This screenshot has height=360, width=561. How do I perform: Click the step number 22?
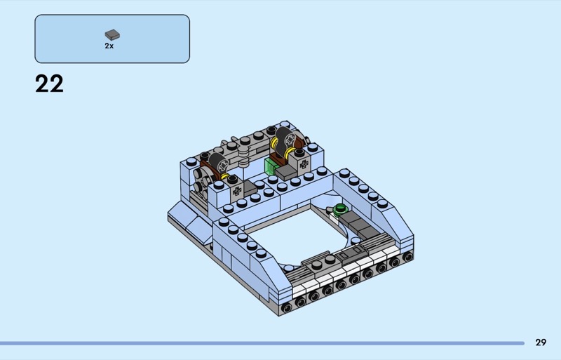[49, 84]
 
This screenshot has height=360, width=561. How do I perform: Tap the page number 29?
[541, 342]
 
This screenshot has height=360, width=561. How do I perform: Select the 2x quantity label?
[109, 46]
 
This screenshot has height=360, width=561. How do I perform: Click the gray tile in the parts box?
[112, 34]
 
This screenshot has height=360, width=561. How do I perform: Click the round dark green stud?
[340, 208]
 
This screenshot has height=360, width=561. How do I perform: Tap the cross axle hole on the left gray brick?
[236, 192]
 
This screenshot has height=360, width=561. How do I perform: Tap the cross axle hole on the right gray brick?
[304, 164]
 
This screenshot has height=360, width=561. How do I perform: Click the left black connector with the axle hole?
[219, 164]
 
